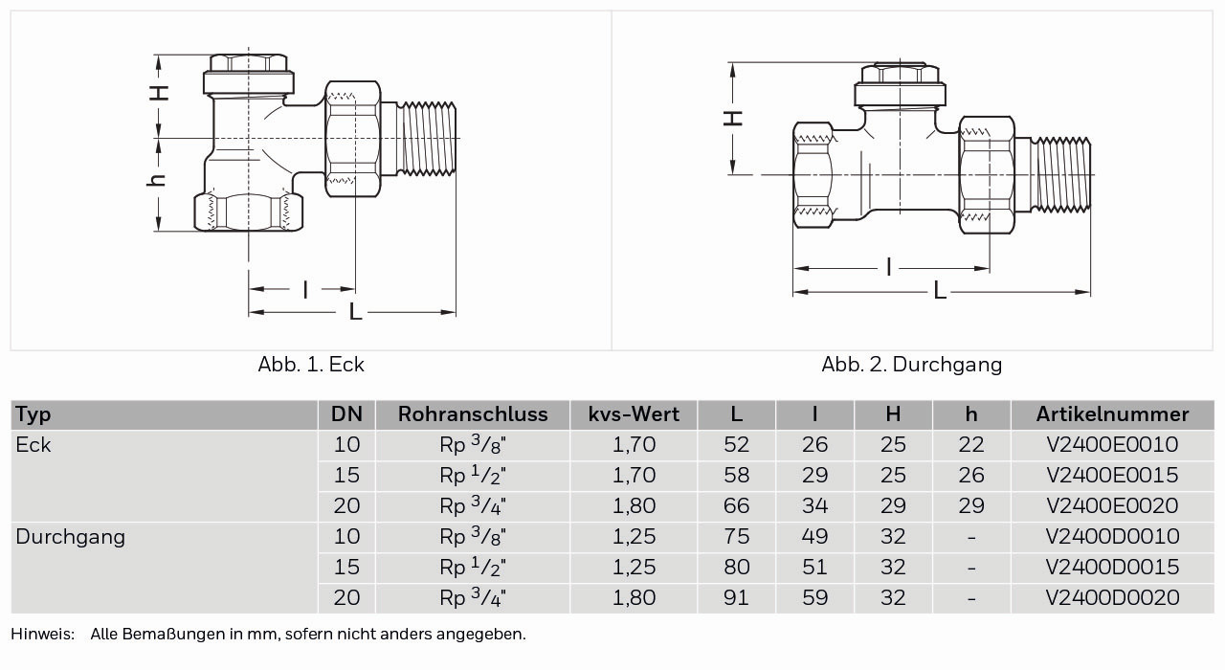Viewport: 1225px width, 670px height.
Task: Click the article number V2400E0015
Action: pyautogui.click(x=1112, y=476)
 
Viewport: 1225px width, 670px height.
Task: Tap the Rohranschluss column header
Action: pyautogui.click(x=473, y=414)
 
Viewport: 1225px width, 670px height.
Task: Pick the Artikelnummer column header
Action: pyautogui.click(x=1112, y=414)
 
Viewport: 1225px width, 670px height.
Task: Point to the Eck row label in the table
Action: pyautogui.click(x=33, y=445)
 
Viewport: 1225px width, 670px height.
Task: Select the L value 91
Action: pyautogui.click(x=737, y=598)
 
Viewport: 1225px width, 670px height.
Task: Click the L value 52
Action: pyautogui.click(x=737, y=445)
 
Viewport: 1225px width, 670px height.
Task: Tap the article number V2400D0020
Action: pyautogui.click(x=1112, y=598)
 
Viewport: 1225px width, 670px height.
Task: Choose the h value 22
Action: pyautogui.click(x=971, y=445)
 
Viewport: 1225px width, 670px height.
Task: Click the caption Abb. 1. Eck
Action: pyautogui.click(x=311, y=365)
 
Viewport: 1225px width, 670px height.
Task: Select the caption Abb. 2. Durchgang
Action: pyautogui.click(x=911, y=365)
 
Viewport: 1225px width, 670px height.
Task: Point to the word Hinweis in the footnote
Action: pyautogui.click(x=41, y=634)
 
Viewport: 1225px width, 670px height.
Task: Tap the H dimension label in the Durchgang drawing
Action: pyautogui.click(x=732, y=117)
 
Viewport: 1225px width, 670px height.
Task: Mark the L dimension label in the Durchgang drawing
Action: pyautogui.click(x=940, y=291)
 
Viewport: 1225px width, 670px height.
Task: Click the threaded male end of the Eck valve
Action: pyautogui.click(x=428, y=139)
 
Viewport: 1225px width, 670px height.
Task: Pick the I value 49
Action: pyautogui.click(x=814, y=537)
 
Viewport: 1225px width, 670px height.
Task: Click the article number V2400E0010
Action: pyautogui.click(x=1112, y=445)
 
